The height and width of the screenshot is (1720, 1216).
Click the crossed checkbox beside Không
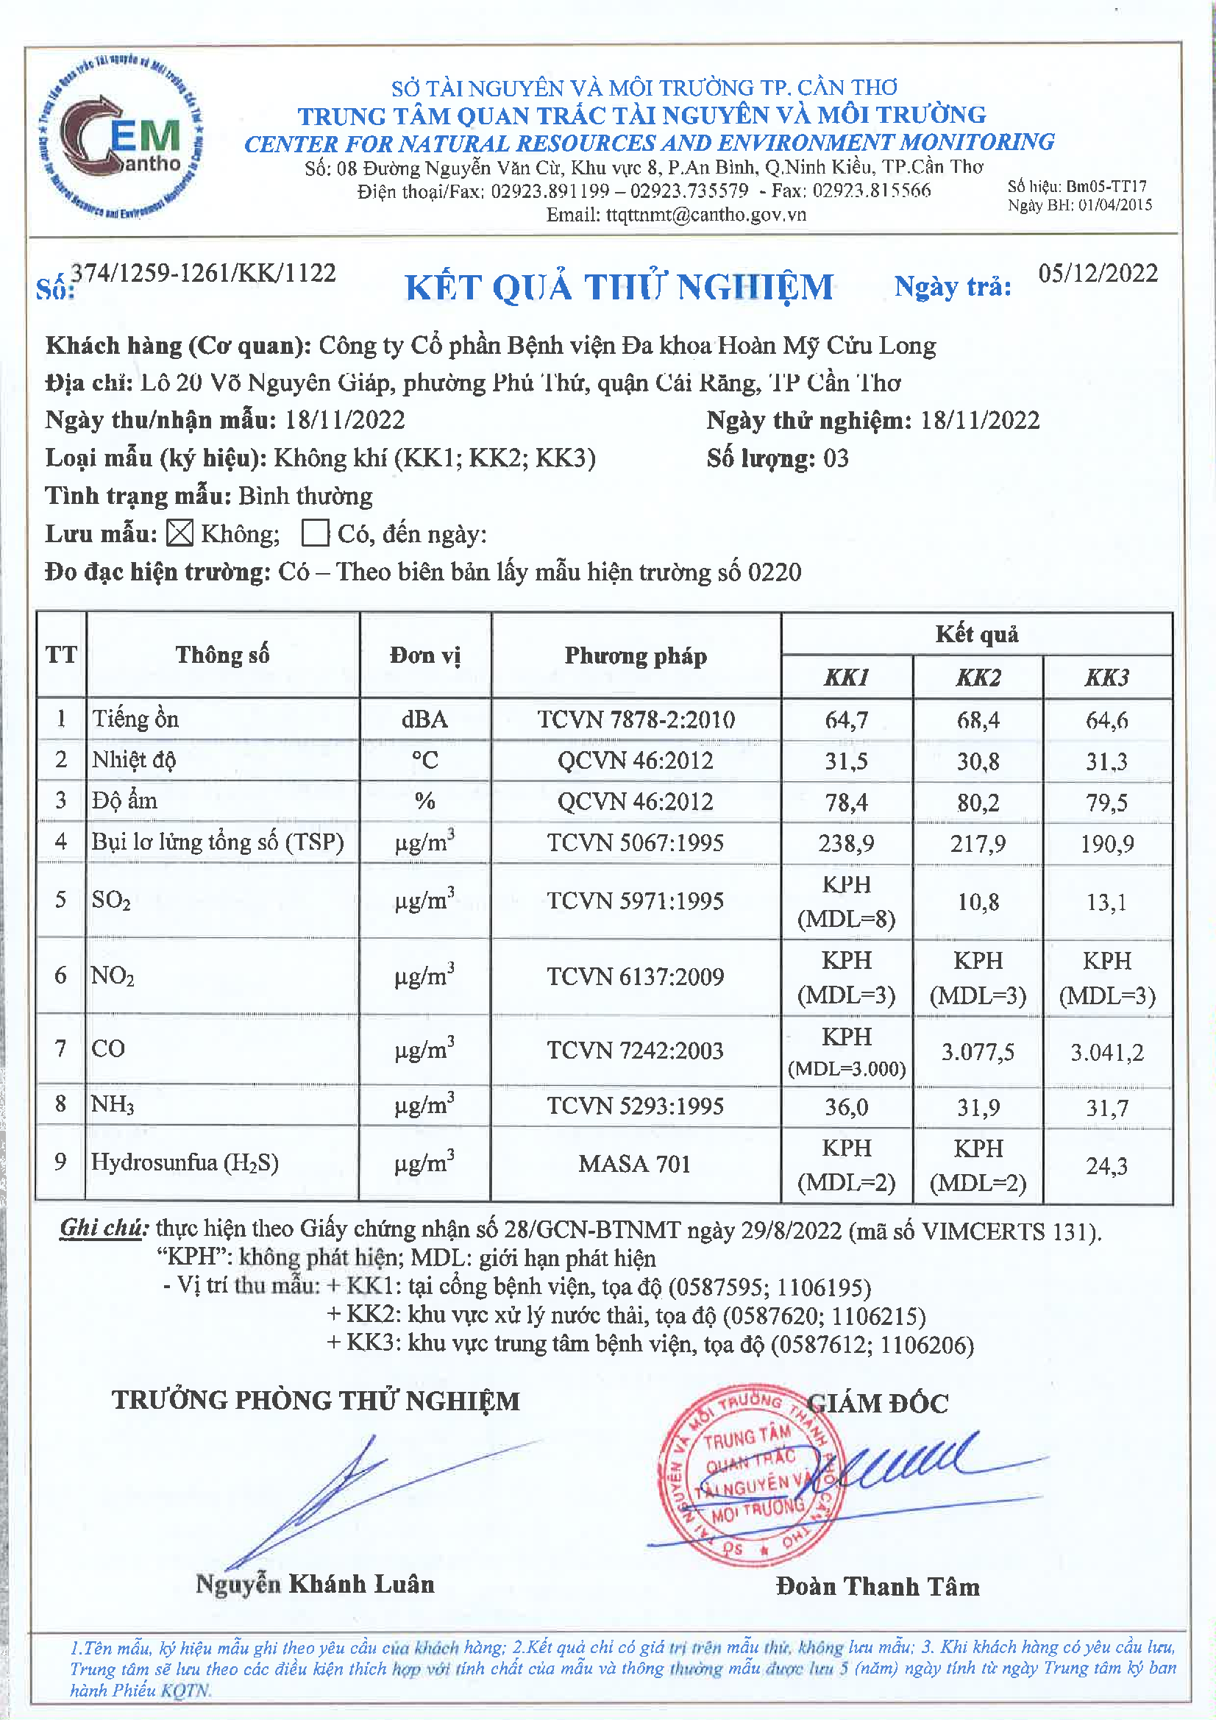pos(179,533)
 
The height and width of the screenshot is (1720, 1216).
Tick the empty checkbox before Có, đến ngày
pos(316,533)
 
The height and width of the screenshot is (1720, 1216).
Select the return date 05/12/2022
pos(1098,274)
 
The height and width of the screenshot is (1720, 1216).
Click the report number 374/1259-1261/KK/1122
pos(203,274)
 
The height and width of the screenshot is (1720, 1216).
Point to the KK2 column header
pos(978,678)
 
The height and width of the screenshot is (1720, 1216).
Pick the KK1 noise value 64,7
pos(847,720)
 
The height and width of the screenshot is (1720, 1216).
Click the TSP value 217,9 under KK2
pos(978,844)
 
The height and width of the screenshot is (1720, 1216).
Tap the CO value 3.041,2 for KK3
pos(1106,1052)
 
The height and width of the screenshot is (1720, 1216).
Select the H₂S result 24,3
pos(1106,1165)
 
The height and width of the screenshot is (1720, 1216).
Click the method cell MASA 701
pos(635,1163)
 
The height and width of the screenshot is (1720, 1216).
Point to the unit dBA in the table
pos(424,719)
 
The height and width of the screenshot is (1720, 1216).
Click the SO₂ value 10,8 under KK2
pos(978,901)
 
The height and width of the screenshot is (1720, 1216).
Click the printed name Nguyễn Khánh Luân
pos(315,1585)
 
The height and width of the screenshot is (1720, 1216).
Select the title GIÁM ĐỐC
pos(878,1403)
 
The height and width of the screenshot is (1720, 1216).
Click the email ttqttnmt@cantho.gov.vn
pos(676,215)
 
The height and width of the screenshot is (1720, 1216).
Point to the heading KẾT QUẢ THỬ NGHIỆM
pos(619,288)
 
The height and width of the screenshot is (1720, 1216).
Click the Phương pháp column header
pos(636,655)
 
